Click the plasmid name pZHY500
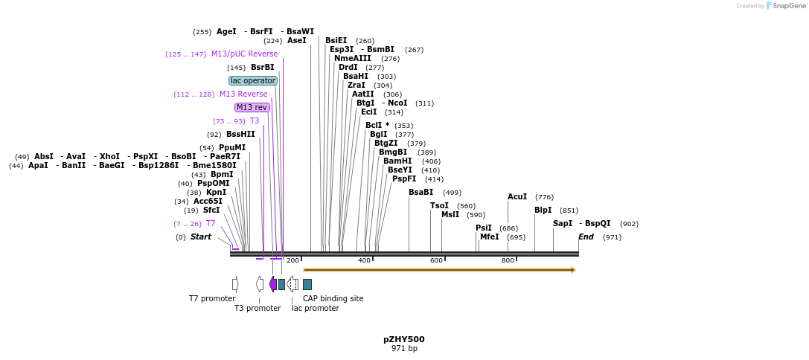click(404, 339)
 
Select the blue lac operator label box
click(253, 80)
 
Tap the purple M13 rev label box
click(252, 107)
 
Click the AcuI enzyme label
click(517, 197)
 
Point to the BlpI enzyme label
click(543, 210)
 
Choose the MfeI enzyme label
click(489, 237)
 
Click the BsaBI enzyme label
click(421, 193)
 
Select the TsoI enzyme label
click(439, 206)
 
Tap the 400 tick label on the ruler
click(364, 260)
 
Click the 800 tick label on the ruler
click(508, 260)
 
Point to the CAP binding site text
click(333, 299)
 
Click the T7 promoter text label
click(212, 299)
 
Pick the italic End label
click(586, 237)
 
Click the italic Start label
click(201, 237)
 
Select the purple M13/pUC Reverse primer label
click(244, 54)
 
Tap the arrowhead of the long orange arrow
click(573, 269)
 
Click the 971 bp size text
click(404, 349)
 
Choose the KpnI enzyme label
click(217, 193)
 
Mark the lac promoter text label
click(315, 308)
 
